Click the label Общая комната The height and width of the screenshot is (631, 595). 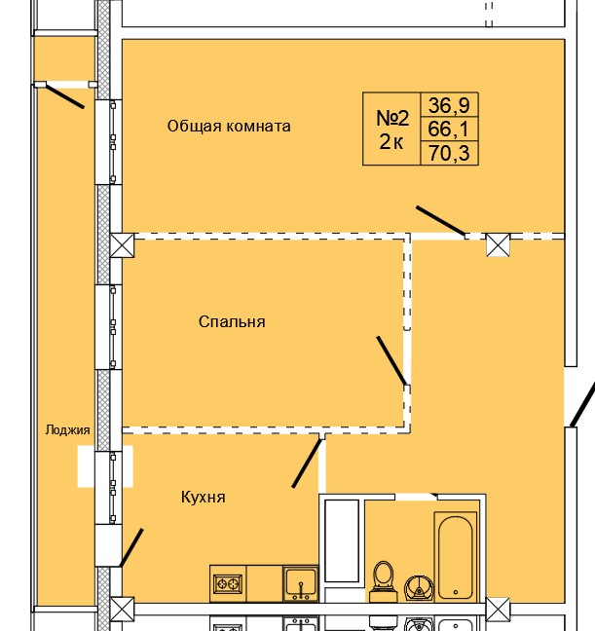pos(229,126)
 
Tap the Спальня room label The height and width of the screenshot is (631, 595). pos(232,321)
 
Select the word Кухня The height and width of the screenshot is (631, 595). pos(203,497)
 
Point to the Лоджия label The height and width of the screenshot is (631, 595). pos(67,429)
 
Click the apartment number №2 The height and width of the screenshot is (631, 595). pos(392,118)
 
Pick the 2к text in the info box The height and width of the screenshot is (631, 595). pos(391,142)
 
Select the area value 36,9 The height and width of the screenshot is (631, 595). pos(450,105)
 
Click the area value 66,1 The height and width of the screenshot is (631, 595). pos(450,129)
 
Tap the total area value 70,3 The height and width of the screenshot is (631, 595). pos(450,152)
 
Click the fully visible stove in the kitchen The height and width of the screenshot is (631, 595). pos(228,584)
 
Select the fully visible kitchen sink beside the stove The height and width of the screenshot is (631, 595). pos(301,584)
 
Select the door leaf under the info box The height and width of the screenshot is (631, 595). pos(440,221)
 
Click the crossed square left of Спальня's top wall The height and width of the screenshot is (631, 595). pos(122,244)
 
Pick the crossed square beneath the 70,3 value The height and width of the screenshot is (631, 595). pos(498,244)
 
